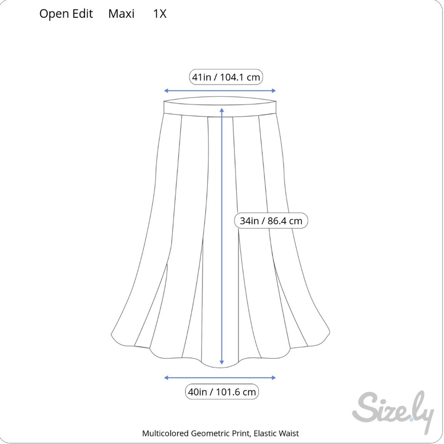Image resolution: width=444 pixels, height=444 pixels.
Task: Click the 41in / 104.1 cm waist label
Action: [x=226, y=77]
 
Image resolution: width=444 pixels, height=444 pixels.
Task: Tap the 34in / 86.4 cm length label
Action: [x=271, y=221]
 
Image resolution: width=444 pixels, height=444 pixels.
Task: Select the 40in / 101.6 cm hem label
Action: [x=222, y=392]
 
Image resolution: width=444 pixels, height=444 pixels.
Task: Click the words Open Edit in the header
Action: [x=66, y=14]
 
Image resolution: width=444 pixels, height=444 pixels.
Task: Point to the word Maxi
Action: [x=121, y=14]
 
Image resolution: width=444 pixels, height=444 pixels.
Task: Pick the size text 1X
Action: [x=160, y=14]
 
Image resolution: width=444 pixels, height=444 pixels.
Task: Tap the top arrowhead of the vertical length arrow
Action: [x=222, y=109]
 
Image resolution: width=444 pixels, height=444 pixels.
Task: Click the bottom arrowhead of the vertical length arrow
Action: [x=222, y=365]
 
